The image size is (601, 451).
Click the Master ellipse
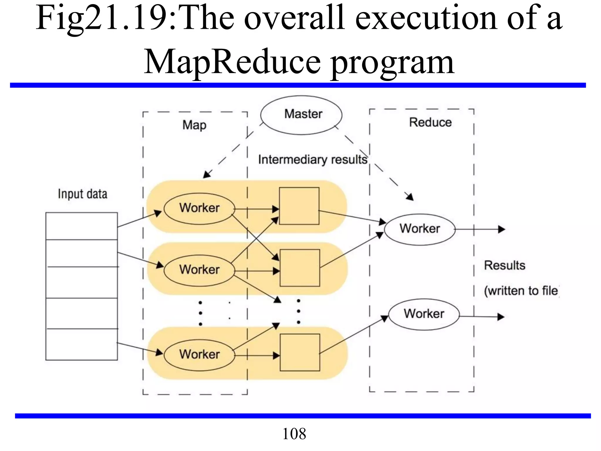click(301, 115)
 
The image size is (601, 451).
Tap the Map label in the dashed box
click(194, 125)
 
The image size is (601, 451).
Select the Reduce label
click(430, 122)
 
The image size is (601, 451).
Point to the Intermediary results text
click(313, 160)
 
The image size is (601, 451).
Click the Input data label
click(82, 194)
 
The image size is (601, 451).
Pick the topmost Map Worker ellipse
click(200, 208)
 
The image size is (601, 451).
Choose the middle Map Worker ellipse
click(200, 270)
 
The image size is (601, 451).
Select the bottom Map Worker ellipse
click(200, 355)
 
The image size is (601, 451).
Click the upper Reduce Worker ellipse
click(420, 229)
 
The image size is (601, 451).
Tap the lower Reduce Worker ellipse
click(424, 314)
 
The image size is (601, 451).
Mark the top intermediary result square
click(299, 206)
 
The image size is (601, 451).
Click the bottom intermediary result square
click(300, 352)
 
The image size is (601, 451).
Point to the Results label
click(504, 265)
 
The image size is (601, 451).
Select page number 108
click(294, 434)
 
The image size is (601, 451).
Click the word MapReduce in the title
click(232, 62)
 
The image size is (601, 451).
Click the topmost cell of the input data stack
click(82, 226)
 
